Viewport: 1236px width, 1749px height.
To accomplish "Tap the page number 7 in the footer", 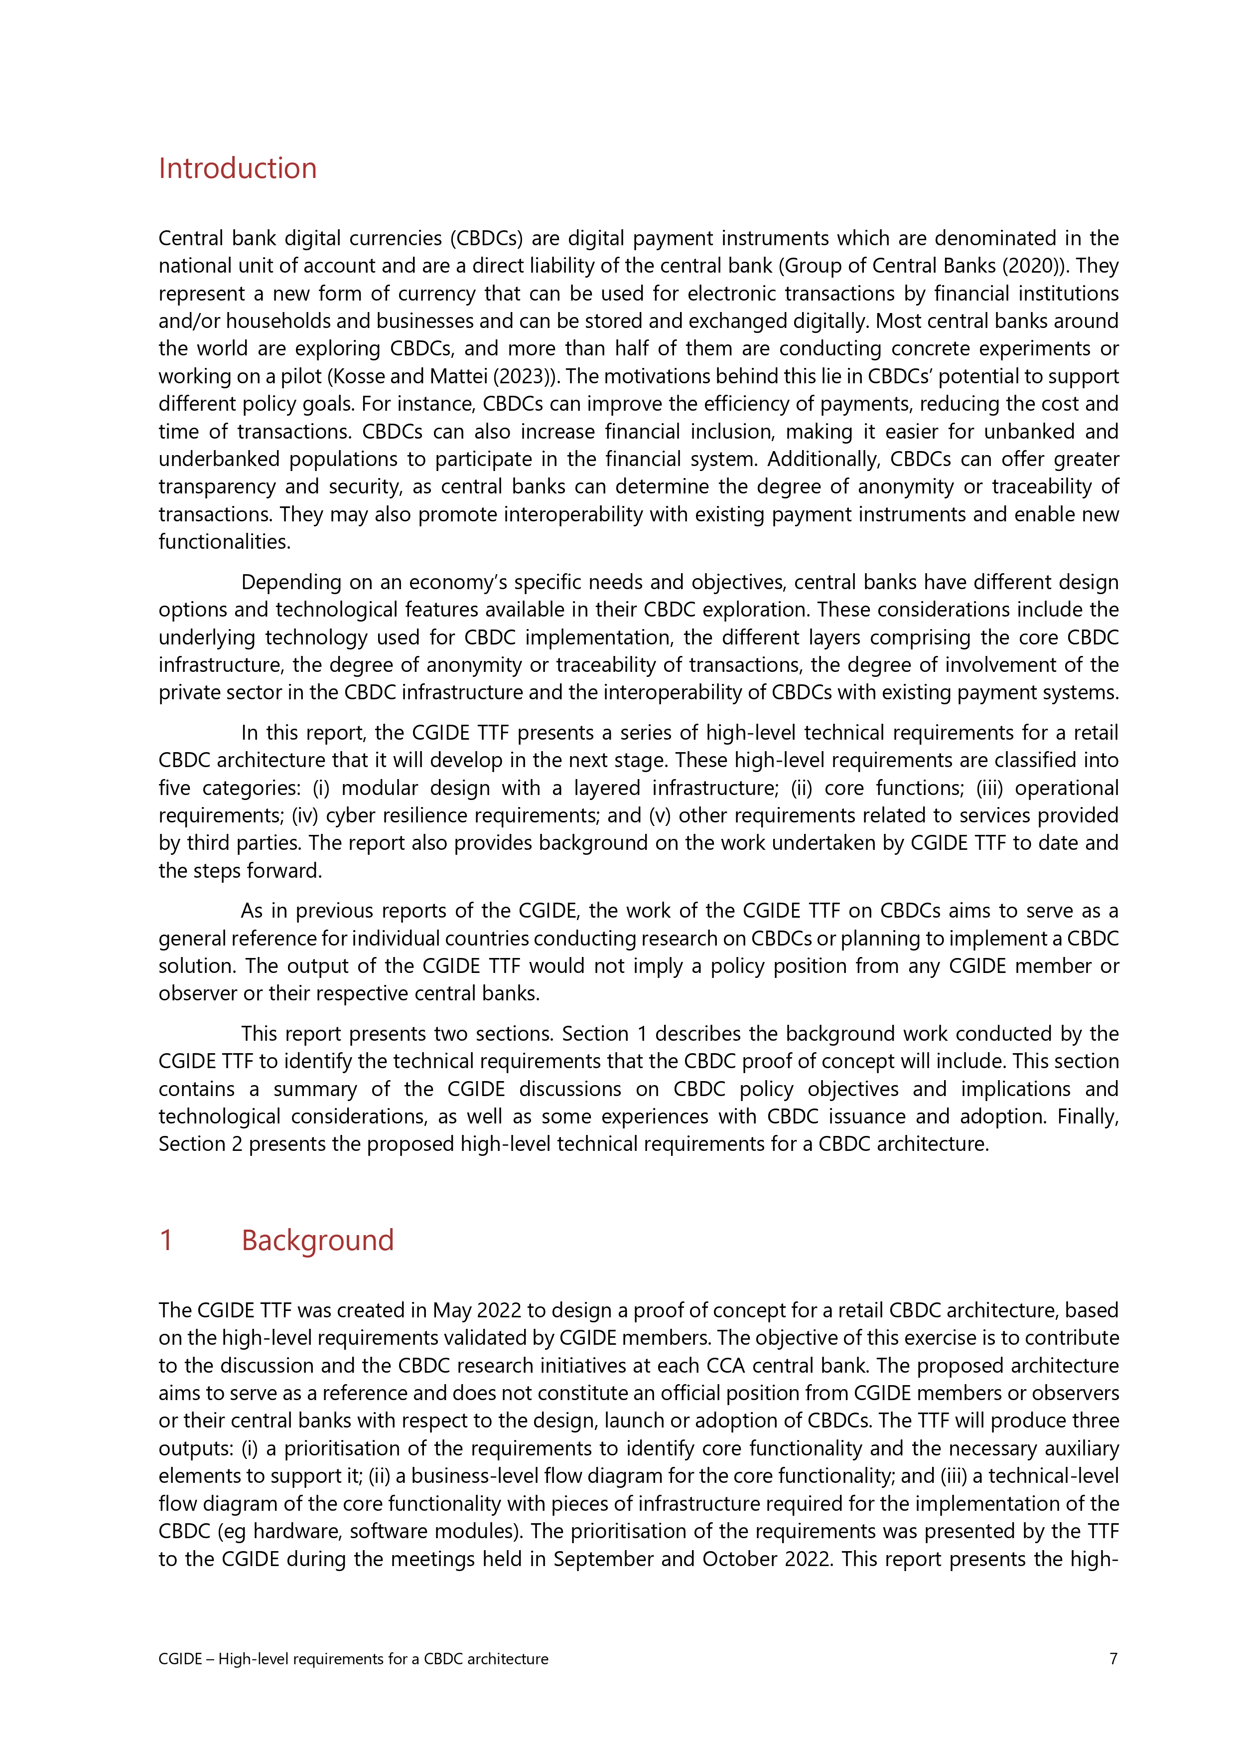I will point(1113,1658).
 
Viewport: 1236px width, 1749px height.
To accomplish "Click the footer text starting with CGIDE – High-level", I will point(353,1658).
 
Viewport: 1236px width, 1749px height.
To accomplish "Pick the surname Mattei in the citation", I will point(458,376).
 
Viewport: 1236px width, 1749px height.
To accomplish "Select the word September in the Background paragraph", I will point(603,1559).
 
